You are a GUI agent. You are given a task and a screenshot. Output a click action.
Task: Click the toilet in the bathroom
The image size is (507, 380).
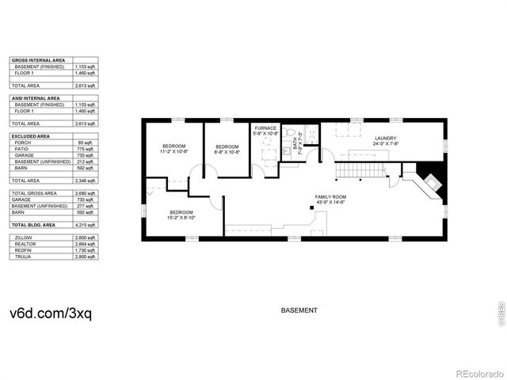(290, 133)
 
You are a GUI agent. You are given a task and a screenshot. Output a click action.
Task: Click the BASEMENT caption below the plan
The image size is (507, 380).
(299, 310)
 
